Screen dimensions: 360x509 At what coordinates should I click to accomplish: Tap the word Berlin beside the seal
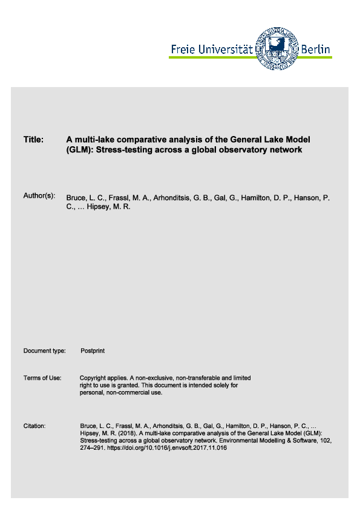(316, 50)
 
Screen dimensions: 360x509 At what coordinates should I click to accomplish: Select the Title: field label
(33, 140)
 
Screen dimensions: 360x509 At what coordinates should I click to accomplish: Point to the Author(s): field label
(39, 196)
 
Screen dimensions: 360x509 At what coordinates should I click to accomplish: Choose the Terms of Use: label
(42, 378)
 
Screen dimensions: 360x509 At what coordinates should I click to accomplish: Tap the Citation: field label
(34, 426)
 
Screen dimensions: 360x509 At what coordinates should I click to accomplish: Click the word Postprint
(93, 351)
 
